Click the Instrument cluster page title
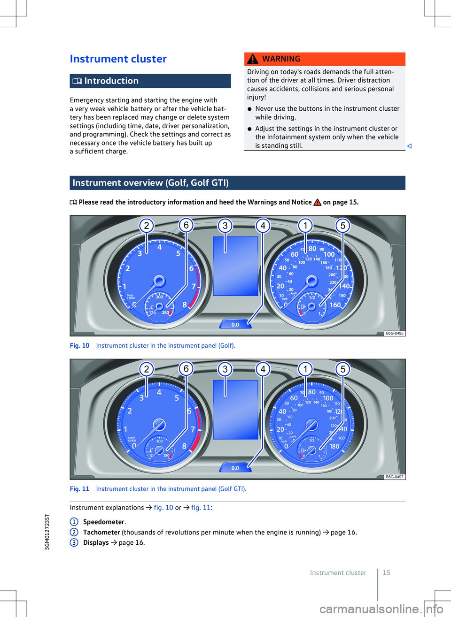118,59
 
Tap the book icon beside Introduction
77,81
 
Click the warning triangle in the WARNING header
253,59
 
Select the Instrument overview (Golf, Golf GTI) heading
150,183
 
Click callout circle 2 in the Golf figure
147,226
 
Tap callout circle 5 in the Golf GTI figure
343,369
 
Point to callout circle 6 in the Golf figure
186,225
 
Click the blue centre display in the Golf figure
235,266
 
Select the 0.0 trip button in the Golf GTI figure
235,468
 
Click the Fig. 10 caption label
79,346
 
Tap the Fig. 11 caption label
79,489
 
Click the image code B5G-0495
394,333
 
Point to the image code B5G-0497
394,477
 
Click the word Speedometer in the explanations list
104,522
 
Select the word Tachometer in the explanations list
101,533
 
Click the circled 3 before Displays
74,543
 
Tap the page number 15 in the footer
386,573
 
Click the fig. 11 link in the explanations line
201,508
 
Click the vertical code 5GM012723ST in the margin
47,532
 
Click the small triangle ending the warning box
409,146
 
